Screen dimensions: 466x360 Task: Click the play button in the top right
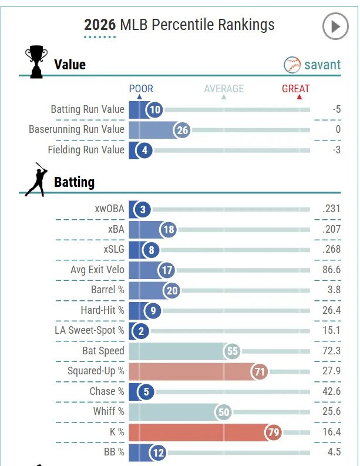(x=335, y=26)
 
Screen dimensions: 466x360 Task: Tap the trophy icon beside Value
(x=36, y=61)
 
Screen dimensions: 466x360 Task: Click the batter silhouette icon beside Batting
(x=36, y=179)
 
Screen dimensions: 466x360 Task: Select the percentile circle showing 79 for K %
(x=273, y=433)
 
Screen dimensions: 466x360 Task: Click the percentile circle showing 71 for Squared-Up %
(x=259, y=371)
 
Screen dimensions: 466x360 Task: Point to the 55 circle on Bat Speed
(x=233, y=351)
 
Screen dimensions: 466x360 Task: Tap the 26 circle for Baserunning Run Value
(x=182, y=130)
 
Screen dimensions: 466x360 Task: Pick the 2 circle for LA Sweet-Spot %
(x=142, y=331)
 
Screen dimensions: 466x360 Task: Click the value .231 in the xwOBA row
(x=331, y=209)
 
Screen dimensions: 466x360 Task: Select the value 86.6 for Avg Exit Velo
(x=332, y=270)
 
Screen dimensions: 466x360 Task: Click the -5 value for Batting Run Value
(x=336, y=109)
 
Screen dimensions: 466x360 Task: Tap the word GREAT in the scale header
(x=295, y=89)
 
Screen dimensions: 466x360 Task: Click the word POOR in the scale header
(x=141, y=89)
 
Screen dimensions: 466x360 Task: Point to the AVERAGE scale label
(x=224, y=89)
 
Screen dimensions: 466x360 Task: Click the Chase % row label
(x=103, y=391)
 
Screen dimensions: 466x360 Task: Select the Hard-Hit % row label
(x=102, y=310)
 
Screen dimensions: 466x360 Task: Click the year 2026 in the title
(x=100, y=25)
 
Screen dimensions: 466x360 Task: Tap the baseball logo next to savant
(x=292, y=65)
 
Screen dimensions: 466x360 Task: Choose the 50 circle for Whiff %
(x=224, y=412)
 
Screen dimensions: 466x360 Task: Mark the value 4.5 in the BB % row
(x=334, y=452)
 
